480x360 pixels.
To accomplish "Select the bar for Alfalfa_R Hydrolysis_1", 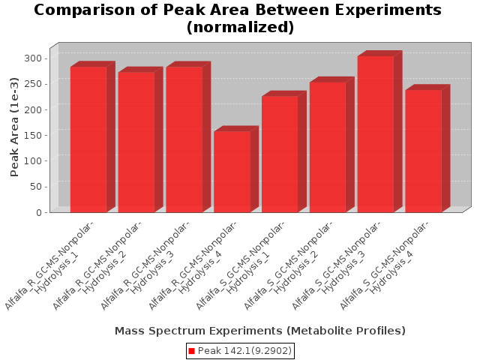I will tap(88, 139).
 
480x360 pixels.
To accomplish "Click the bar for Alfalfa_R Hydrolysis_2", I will tap(136, 142).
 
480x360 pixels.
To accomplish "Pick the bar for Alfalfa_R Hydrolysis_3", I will tap(184, 139).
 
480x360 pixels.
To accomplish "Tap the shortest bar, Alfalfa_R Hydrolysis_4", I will tap(232, 172).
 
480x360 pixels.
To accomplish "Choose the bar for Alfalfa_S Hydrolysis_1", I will tap(280, 154).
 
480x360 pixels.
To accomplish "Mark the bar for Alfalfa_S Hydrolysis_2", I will tap(328, 147).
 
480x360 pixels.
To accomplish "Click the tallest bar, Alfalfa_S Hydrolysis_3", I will tap(376, 134).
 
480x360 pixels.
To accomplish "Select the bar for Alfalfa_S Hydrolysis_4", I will tap(424, 151).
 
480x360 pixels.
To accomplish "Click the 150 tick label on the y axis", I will tap(33, 135).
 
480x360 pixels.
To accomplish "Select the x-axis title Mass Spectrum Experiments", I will tap(259, 331).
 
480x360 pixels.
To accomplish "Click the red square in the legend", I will tap(191, 351).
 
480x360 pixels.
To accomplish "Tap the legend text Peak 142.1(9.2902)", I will tap(244, 351).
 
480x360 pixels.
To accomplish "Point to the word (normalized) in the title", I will tap(240, 28).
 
